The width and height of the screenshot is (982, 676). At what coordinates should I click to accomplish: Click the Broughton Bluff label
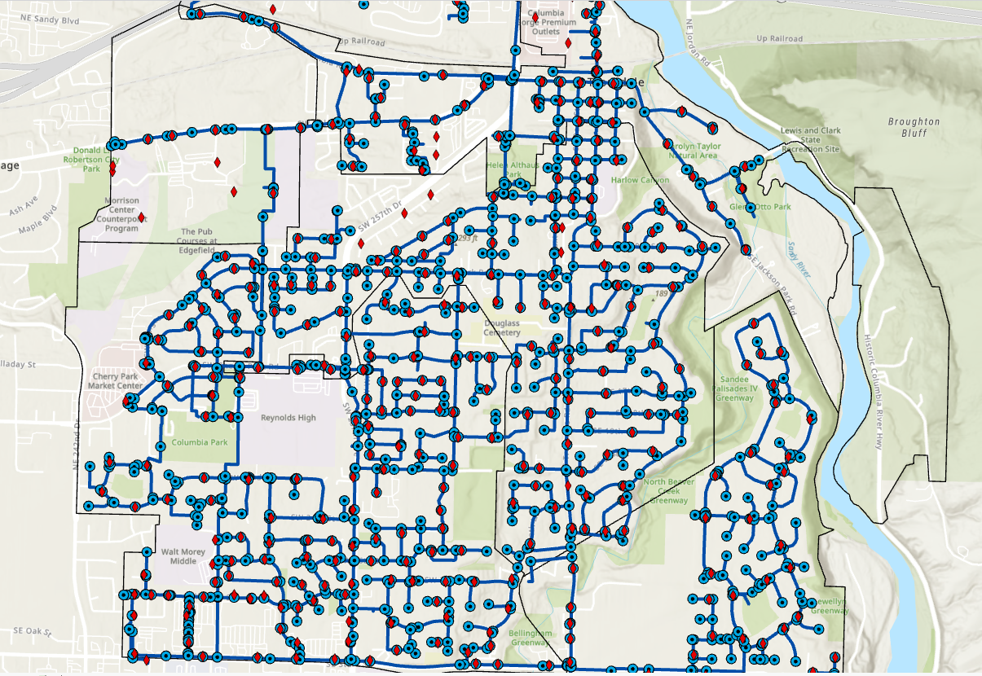click(914, 127)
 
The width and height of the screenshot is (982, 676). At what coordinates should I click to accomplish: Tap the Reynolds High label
click(288, 418)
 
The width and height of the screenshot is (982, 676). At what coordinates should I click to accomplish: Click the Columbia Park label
click(200, 444)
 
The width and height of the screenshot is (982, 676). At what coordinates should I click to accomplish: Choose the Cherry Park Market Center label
click(117, 381)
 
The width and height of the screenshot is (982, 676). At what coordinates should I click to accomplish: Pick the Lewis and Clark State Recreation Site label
click(809, 140)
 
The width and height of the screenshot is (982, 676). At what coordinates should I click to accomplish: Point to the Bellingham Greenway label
click(531, 638)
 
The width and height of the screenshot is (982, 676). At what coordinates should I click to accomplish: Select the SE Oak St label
click(33, 631)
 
